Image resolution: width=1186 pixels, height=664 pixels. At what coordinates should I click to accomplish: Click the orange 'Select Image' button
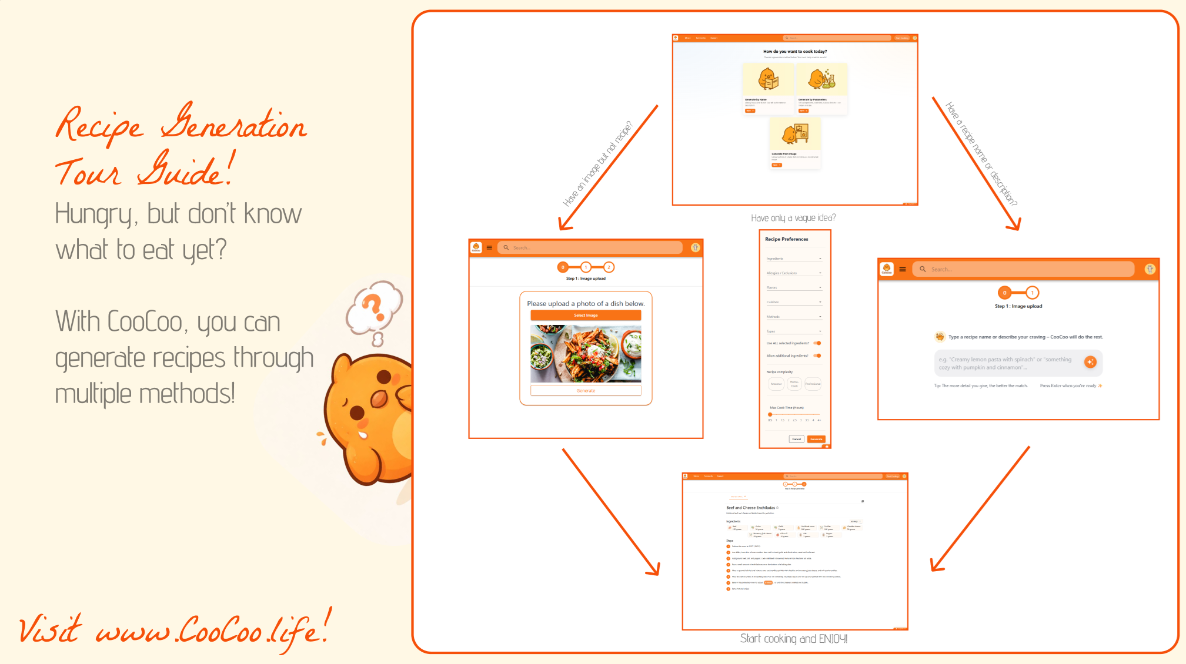(586, 316)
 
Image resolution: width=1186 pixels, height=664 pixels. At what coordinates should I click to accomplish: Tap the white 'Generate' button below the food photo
(586, 391)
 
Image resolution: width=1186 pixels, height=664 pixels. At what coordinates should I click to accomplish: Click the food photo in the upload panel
(586, 354)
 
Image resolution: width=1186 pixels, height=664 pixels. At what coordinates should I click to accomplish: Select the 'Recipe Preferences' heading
(786, 239)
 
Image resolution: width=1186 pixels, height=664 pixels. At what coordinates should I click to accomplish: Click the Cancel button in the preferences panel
(796, 439)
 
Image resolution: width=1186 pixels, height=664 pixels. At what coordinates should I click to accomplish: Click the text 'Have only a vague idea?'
(793, 218)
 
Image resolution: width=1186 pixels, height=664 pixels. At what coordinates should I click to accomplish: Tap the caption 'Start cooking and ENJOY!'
(793, 639)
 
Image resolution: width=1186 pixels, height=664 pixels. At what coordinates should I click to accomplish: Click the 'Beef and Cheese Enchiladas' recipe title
(750, 508)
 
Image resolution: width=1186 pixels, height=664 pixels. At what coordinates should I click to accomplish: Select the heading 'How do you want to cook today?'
(794, 52)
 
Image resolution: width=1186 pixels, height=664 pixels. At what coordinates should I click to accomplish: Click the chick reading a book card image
(768, 79)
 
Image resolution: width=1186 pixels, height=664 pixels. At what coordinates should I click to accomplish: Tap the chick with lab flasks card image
(821, 79)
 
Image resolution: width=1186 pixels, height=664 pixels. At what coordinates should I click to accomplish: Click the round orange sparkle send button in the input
(1090, 362)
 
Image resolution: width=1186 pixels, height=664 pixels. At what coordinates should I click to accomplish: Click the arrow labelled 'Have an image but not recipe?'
(609, 168)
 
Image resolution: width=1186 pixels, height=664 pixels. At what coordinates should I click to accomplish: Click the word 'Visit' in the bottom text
(50, 629)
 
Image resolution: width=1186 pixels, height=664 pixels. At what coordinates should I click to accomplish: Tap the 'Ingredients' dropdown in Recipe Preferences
(794, 259)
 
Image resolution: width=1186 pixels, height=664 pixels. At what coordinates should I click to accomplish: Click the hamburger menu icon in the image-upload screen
(489, 248)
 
